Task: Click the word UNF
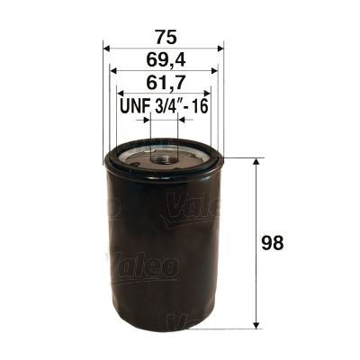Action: click(135, 106)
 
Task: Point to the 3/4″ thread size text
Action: click(166, 106)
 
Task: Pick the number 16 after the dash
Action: click(202, 106)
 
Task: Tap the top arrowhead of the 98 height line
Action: click(259, 163)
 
